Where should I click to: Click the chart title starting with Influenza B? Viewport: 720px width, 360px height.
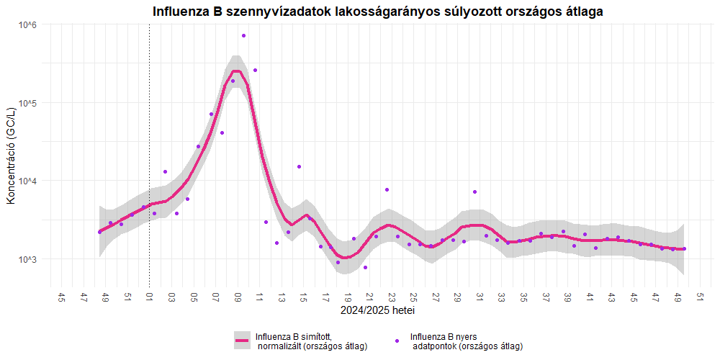pyautogui.click(x=378, y=12)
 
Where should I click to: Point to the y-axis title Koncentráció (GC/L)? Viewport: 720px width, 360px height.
pyautogui.click(x=11, y=155)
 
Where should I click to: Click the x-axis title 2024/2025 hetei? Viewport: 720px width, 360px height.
pyautogui.click(x=378, y=311)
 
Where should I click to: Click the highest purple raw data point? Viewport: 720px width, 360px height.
pyautogui.click(x=244, y=35)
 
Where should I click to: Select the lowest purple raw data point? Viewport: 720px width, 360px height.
pyautogui.click(x=366, y=268)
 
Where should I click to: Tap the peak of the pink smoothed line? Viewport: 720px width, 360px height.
pyautogui.click(x=235, y=71)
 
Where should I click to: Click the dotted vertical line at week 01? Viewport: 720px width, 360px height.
pyautogui.click(x=150, y=144)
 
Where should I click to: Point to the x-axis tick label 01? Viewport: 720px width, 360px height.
pyautogui.click(x=150, y=297)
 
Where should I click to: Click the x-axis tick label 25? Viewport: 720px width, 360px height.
pyautogui.click(x=413, y=297)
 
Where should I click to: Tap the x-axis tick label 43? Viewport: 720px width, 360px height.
pyautogui.click(x=611, y=297)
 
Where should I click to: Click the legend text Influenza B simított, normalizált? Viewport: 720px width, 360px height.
pyautogui.click(x=311, y=341)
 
